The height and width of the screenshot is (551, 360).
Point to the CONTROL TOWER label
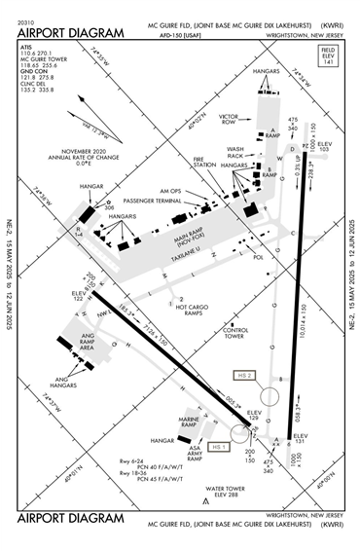pyautogui.click(x=235, y=332)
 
